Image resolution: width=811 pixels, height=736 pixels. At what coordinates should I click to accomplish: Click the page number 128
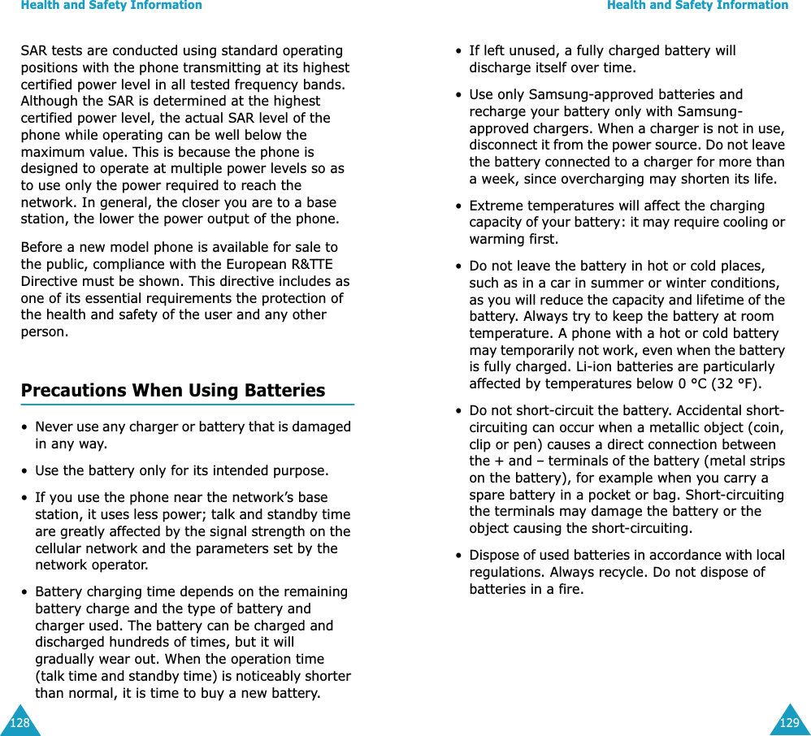click(x=19, y=722)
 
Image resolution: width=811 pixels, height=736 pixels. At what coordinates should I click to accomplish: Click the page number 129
click(x=789, y=722)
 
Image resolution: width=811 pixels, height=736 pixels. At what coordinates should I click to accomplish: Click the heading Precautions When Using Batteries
click(x=172, y=390)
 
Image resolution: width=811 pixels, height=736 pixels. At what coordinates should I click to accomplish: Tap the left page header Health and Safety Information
click(x=111, y=6)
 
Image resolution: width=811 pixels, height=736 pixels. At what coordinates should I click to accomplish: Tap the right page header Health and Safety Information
click(x=697, y=6)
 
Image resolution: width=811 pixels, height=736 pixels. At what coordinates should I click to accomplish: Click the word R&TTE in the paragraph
click(x=312, y=264)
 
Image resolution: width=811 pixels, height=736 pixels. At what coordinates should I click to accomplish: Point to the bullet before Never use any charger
click(x=25, y=427)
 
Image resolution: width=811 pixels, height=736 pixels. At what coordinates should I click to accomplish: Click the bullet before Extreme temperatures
click(x=459, y=206)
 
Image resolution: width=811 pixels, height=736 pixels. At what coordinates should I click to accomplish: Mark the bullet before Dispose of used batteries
click(x=459, y=556)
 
